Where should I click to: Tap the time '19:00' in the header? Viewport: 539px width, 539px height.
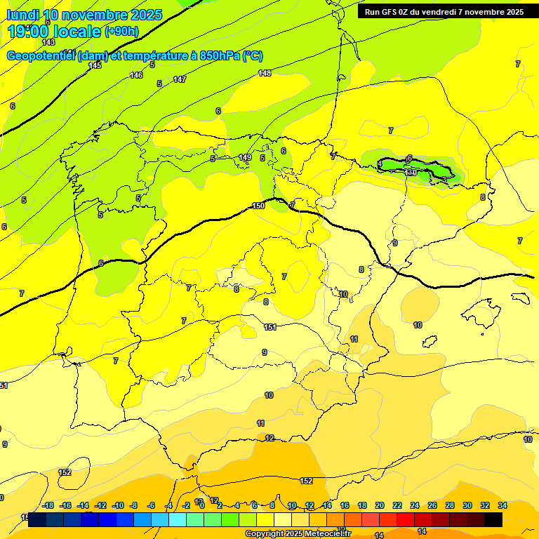pos(29,31)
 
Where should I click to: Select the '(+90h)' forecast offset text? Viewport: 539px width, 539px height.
pos(121,32)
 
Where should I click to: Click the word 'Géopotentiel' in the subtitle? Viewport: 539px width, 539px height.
pos(41,56)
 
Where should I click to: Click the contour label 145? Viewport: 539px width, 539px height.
pos(95,65)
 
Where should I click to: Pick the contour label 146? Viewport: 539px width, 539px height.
pos(136,75)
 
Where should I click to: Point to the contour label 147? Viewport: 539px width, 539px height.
pos(180,79)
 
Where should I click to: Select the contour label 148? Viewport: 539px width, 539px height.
pos(265,73)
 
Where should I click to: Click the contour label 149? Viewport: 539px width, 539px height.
pos(245,157)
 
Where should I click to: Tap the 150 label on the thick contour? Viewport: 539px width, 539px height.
pos(258,206)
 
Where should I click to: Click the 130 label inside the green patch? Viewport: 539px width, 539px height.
pos(411,171)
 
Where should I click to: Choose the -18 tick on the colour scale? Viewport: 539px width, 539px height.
pos(48,505)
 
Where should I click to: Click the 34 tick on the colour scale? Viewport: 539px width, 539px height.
pos(503,505)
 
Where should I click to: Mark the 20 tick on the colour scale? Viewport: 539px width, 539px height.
pos(380,505)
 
